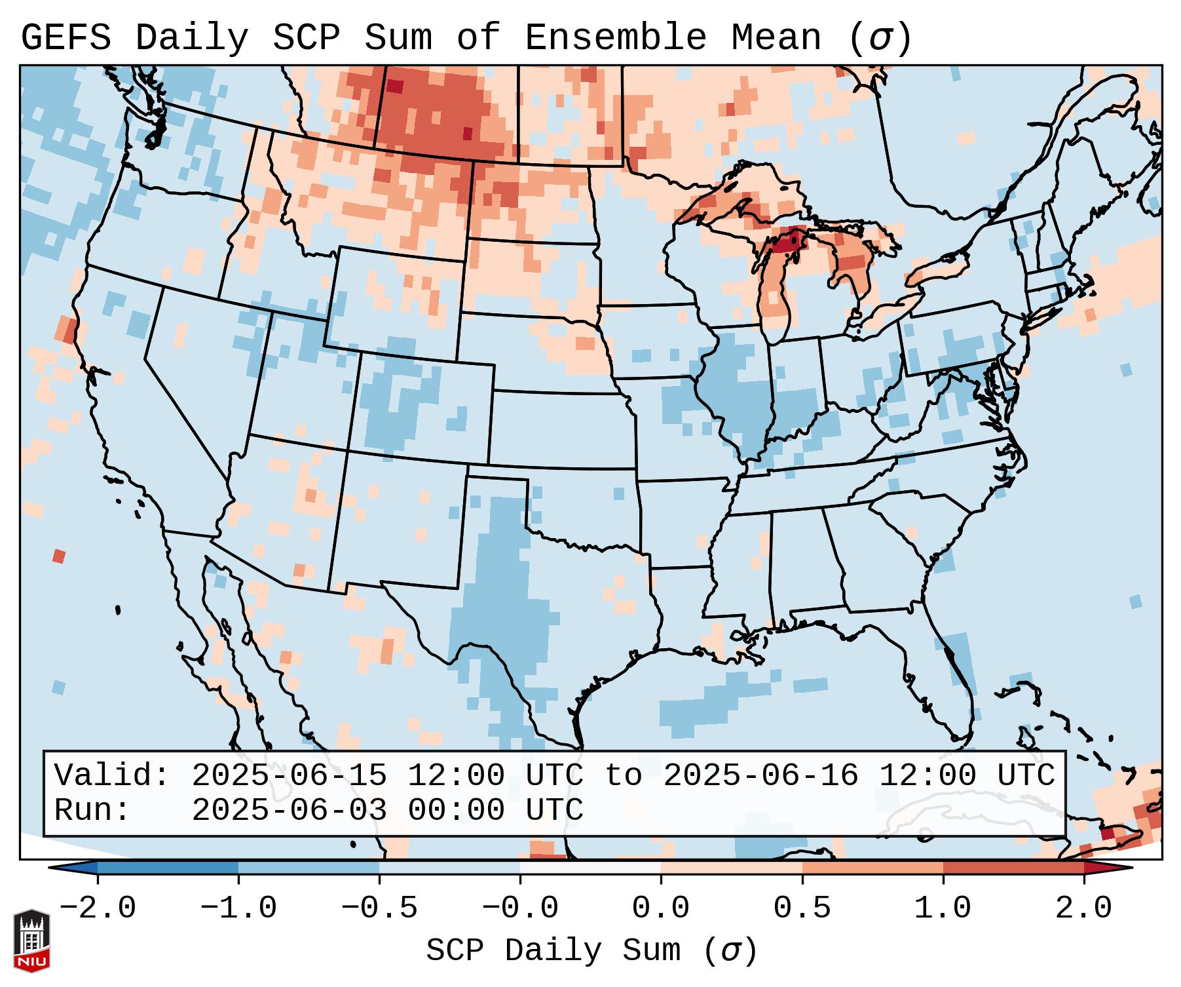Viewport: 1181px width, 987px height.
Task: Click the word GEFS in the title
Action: [66, 38]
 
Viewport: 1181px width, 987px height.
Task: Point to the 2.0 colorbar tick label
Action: [1083, 908]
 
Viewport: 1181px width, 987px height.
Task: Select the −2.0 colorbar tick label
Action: [97, 908]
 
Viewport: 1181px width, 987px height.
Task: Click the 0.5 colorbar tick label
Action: [802, 908]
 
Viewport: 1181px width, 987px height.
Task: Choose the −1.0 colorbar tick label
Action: [238, 908]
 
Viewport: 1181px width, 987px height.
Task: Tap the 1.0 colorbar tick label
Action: [943, 908]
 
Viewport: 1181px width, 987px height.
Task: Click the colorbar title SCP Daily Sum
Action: [553, 951]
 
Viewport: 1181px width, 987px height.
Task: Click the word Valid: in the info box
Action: [112, 776]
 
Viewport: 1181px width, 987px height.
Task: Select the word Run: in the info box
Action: [92, 811]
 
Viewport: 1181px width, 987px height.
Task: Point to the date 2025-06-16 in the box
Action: [760, 776]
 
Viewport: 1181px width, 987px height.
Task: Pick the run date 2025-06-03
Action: [289, 811]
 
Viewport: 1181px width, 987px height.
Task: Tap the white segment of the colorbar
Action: [590, 868]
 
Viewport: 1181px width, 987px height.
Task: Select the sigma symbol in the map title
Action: [880, 38]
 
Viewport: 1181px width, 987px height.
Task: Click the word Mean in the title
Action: [776, 38]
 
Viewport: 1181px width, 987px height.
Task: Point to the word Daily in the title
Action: [192, 38]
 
